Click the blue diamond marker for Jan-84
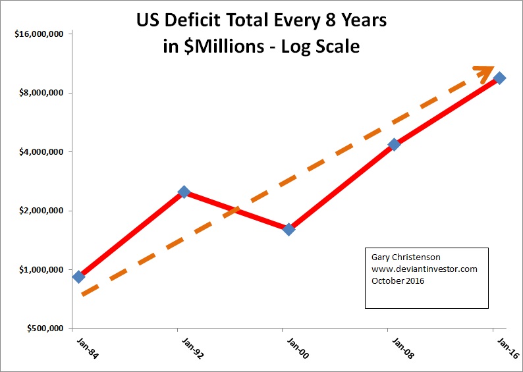pyautogui.click(x=78, y=277)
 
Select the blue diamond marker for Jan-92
pyautogui.click(x=184, y=192)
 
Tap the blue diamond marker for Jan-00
pyautogui.click(x=289, y=229)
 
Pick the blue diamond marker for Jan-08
pyautogui.click(x=394, y=144)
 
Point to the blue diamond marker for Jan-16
pyautogui.click(x=499, y=78)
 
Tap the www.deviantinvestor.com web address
pyautogui.click(x=424, y=269)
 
